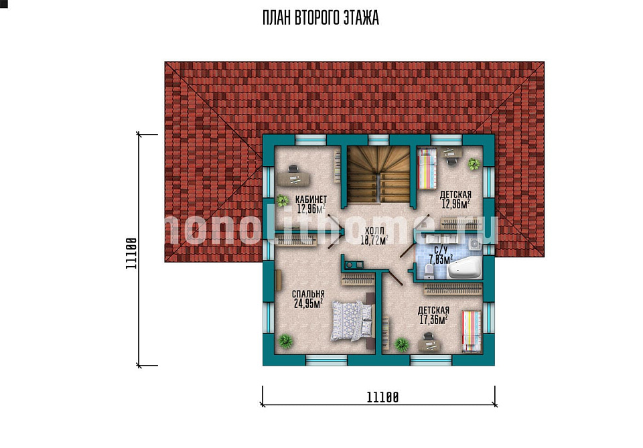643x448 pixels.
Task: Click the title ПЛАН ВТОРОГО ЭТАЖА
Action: pos(321,18)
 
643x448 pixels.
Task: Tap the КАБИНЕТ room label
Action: pos(311,200)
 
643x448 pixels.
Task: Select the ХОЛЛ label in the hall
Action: pos(374,231)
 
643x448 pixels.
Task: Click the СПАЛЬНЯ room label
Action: pos(308,294)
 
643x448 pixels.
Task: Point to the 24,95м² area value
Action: pos(308,303)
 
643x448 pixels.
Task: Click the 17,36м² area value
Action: pos(433,319)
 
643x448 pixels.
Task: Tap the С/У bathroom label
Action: pos(441,250)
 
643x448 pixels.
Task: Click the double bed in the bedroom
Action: pos(352,321)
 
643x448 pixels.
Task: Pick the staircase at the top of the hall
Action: pos(378,174)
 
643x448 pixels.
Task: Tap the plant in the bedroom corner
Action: pos(285,341)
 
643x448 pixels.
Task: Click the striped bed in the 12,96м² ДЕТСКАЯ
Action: pos(427,169)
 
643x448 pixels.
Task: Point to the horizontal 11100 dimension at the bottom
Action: pos(379,405)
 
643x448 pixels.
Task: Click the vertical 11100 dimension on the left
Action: pos(139,250)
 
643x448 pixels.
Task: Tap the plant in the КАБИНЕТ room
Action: pos(282,200)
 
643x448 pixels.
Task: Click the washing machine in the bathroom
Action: pos(474,244)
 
